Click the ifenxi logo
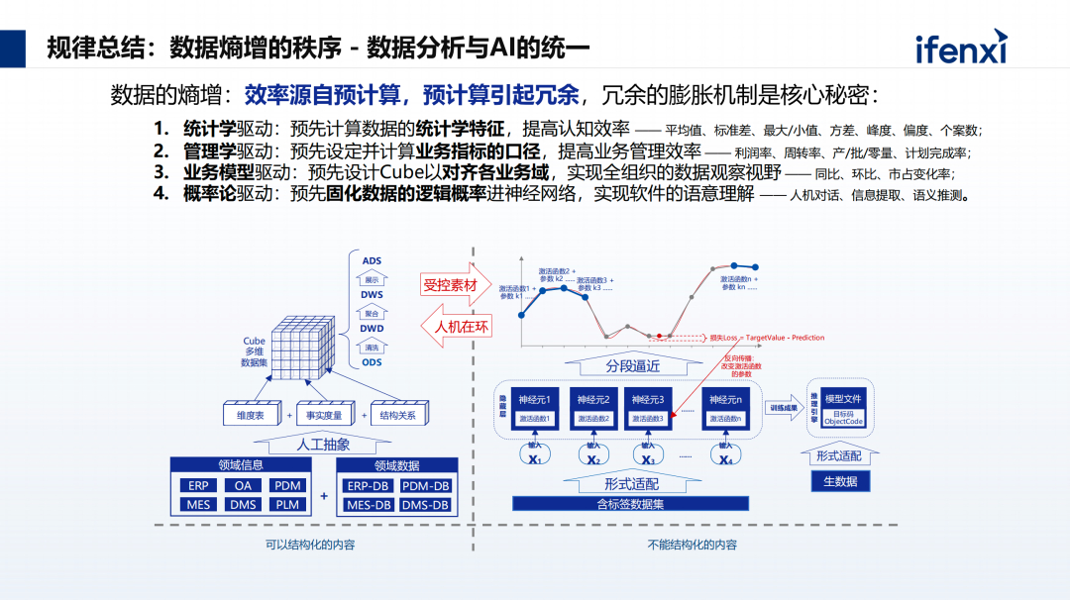[960, 49]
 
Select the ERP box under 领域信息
[197, 485]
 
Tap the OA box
[243, 485]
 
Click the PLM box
[288, 504]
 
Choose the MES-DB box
[369, 505]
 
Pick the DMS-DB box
[425, 505]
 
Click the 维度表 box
[244, 416]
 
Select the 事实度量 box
[324, 416]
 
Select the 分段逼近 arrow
[633, 364]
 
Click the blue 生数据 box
[841, 481]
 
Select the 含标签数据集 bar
[631, 504]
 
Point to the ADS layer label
[372, 261]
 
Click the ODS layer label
[372, 362]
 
